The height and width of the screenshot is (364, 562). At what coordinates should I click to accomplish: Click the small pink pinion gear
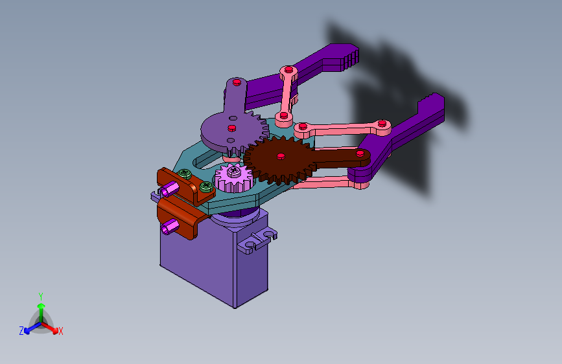point(234,178)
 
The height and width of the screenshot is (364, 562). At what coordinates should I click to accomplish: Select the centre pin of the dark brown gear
point(281,156)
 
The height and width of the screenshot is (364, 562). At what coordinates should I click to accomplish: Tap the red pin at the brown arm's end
point(360,154)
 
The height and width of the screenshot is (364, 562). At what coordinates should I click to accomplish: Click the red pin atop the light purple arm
point(237,82)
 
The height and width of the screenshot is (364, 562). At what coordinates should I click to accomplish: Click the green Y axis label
point(41,296)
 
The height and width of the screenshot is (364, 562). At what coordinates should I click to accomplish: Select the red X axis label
point(60,332)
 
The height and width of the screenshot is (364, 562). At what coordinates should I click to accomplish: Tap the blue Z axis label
point(21,331)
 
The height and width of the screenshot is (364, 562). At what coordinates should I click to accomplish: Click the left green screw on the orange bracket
point(185,174)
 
